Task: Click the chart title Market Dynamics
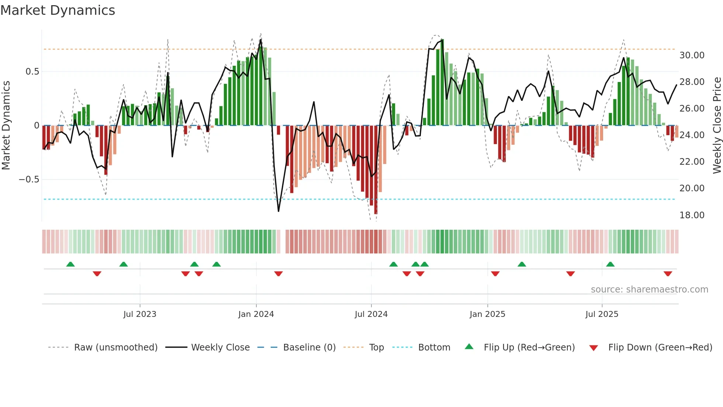(x=58, y=10)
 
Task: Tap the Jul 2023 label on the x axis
(x=140, y=314)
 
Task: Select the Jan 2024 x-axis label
(x=256, y=314)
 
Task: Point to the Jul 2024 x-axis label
(x=371, y=314)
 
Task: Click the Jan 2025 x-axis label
(x=487, y=314)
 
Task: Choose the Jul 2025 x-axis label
(x=602, y=314)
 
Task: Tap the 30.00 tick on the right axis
(x=692, y=55)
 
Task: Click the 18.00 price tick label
(x=692, y=215)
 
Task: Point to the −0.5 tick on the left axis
(x=29, y=179)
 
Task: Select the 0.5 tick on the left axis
(x=32, y=72)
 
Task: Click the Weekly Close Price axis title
(x=717, y=126)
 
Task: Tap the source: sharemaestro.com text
(x=649, y=290)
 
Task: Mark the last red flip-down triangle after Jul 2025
(x=668, y=274)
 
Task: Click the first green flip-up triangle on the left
(x=70, y=264)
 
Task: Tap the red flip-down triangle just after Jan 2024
(x=279, y=274)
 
